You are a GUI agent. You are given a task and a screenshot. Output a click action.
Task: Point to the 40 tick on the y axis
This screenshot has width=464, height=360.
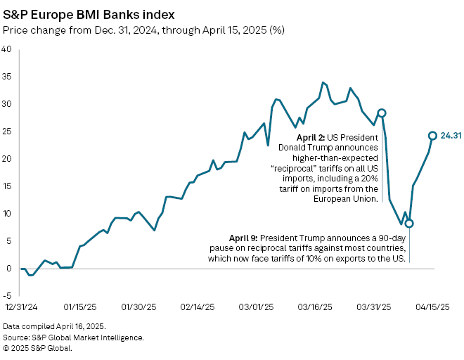[6, 49]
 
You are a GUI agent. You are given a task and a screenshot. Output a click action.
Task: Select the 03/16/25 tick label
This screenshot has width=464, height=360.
[315, 307]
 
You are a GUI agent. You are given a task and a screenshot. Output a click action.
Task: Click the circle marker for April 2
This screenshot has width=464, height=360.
[382, 112]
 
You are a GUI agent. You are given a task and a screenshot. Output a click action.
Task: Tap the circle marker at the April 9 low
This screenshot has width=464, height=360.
[409, 223]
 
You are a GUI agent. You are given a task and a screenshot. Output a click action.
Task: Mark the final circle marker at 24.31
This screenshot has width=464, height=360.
[432, 136]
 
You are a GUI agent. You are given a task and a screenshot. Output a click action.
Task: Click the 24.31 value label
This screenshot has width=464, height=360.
[451, 136]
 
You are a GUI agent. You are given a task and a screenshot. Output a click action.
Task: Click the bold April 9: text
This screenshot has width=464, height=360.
[247, 238]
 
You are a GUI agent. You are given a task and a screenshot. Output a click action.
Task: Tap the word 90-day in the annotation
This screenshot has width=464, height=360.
[389, 238]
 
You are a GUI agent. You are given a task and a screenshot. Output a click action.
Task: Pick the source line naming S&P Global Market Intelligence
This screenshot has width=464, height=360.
[73, 337]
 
